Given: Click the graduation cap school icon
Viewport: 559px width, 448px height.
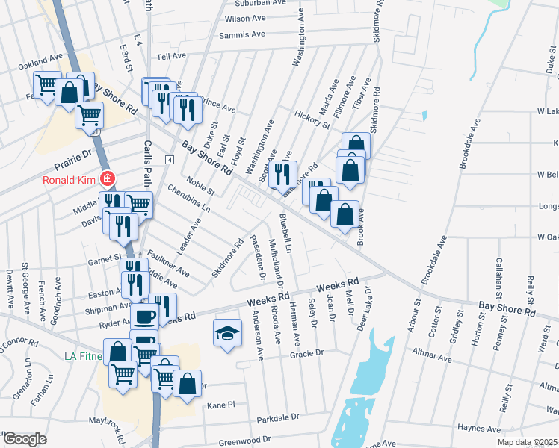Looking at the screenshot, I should click(x=228, y=332).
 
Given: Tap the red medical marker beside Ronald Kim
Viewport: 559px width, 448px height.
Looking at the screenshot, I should click(x=108, y=179).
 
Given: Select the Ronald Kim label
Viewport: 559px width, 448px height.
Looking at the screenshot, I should click(x=70, y=179).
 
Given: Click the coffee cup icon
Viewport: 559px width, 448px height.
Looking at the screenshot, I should click(x=145, y=315).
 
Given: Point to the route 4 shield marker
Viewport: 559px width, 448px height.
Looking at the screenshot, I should click(x=170, y=160).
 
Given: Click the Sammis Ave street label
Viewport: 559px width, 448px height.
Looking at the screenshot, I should click(x=242, y=35).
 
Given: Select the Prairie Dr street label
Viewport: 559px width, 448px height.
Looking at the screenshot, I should click(x=72, y=158).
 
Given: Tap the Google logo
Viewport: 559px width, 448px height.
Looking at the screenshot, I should click(x=25, y=439).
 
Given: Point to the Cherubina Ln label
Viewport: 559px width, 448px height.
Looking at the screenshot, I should click(x=189, y=198).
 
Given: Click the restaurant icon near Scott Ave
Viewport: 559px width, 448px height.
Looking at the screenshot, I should click(x=282, y=174).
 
